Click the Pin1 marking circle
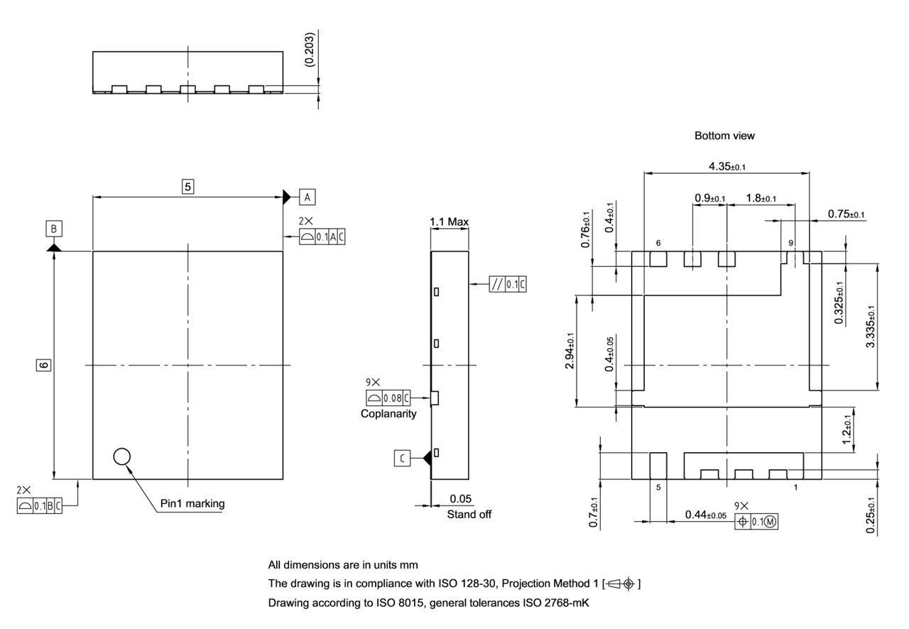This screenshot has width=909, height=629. (122, 456)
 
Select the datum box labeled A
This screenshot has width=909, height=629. (307, 196)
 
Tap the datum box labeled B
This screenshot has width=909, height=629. (54, 229)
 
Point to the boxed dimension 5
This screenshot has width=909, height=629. (188, 187)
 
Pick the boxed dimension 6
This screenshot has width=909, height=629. (43, 365)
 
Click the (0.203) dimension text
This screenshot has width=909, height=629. (310, 50)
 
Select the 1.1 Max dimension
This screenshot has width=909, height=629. (449, 222)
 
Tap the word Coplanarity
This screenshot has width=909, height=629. (388, 414)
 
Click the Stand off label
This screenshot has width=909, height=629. (469, 514)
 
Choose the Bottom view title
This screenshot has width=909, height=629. (724, 136)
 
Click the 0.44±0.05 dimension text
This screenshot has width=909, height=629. (705, 515)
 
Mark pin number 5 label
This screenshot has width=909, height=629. (658, 488)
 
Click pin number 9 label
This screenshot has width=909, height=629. (791, 243)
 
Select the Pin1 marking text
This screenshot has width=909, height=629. (192, 503)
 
